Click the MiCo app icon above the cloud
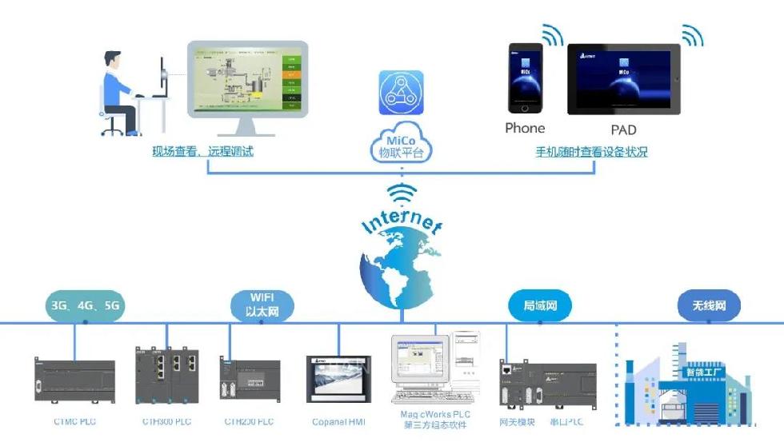tap(401, 94)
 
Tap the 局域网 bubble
tap(540, 306)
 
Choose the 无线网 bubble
tap(709, 305)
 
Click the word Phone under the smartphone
tap(525, 128)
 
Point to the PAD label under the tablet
tap(624, 130)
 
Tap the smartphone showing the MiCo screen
tap(525, 78)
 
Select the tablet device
tap(624, 78)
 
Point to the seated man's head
tap(111, 62)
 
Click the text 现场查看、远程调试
tap(203, 150)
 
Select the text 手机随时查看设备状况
tap(591, 151)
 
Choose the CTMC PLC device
tap(75, 380)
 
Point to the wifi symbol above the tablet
tap(692, 35)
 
